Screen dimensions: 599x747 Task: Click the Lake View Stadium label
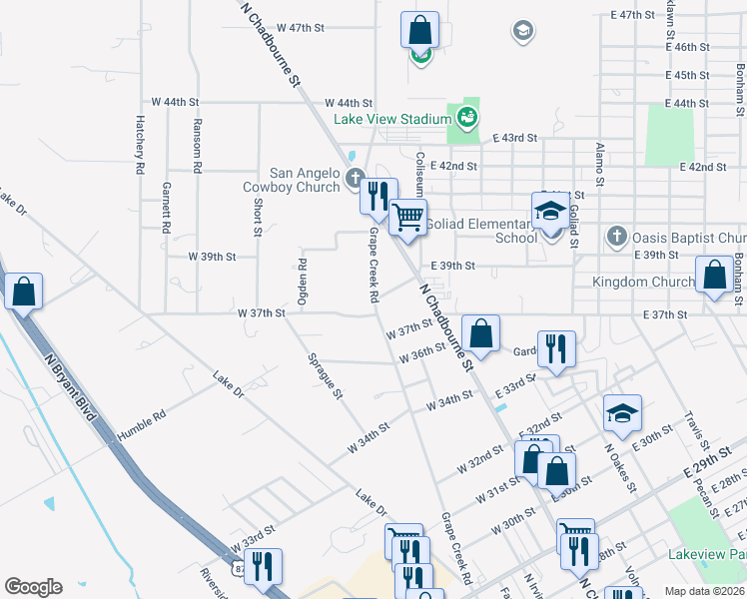click(x=392, y=119)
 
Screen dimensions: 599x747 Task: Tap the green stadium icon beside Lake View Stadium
click(x=466, y=119)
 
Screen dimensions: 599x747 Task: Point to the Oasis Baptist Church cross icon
click(x=616, y=238)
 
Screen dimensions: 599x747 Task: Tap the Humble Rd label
click(x=141, y=428)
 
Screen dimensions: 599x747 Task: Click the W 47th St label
click(x=301, y=28)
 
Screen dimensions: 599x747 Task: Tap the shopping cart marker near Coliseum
click(x=407, y=217)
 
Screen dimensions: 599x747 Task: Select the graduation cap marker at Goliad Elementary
click(x=549, y=212)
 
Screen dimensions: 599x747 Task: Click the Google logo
click(x=33, y=587)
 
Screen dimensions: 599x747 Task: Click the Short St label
click(x=258, y=217)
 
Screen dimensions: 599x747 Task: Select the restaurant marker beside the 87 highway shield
click(x=263, y=566)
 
